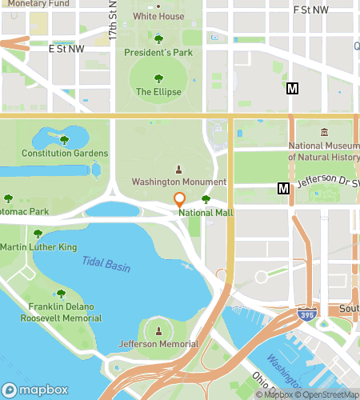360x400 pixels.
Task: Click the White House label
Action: (x=158, y=16)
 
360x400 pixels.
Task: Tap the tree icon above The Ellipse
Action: (x=158, y=78)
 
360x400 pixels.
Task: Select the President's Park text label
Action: (x=158, y=53)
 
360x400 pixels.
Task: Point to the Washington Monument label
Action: (x=179, y=182)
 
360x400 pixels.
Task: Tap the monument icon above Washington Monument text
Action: (x=178, y=169)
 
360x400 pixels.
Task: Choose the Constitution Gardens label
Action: (x=65, y=153)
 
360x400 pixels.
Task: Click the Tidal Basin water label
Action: (x=106, y=264)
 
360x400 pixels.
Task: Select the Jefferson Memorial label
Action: (x=158, y=344)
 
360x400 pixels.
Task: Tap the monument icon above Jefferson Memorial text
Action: (x=158, y=330)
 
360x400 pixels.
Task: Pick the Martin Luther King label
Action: (x=39, y=247)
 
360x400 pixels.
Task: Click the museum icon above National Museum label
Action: (x=324, y=132)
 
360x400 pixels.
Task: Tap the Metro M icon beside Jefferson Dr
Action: (x=282, y=188)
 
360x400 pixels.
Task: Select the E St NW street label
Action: (x=66, y=49)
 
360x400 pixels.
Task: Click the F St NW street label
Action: (x=311, y=10)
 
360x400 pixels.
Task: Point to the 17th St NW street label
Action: (x=113, y=22)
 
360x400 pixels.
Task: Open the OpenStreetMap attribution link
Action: (x=328, y=394)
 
